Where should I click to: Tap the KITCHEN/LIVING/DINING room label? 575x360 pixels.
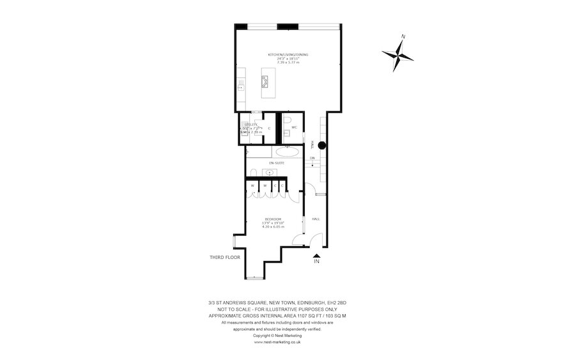(287, 55)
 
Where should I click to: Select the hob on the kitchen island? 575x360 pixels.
(264, 81)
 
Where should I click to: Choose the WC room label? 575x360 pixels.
(295, 128)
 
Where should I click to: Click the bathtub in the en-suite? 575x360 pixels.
(284, 153)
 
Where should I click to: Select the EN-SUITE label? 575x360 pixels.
(277, 164)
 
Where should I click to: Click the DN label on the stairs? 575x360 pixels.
(313, 158)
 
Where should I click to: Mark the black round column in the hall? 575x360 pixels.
(323, 145)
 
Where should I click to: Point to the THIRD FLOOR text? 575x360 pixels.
(225, 258)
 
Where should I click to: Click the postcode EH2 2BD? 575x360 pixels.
(337, 302)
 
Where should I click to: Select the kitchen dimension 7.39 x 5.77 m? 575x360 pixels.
(287, 63)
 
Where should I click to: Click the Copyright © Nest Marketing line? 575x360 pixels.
(277, 335)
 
